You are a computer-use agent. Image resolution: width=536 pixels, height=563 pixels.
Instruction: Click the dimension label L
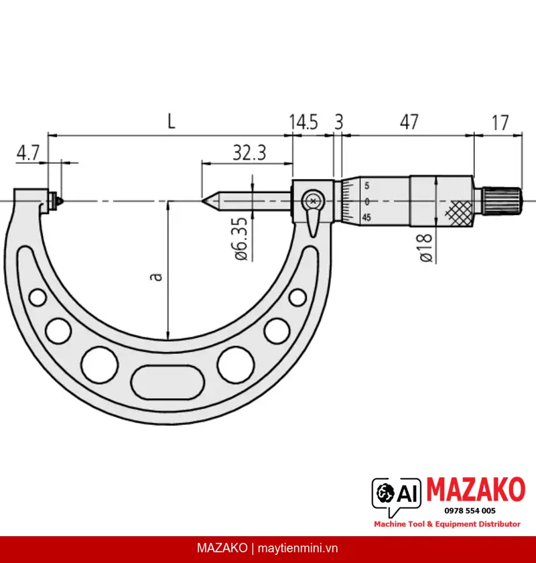(172, 122)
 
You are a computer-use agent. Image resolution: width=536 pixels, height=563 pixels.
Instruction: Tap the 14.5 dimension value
(304, 122)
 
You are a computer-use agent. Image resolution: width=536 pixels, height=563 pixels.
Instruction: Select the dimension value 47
(409, 122)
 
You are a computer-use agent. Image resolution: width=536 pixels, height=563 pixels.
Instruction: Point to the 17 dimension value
(500, 123)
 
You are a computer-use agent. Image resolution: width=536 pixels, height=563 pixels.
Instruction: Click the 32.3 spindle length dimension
(249, 153)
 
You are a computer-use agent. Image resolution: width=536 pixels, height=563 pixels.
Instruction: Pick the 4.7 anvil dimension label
(27, 153)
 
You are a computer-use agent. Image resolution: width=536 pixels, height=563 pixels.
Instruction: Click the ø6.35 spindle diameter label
(241, 239)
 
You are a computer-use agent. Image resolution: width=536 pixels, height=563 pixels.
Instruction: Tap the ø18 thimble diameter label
(425, 248)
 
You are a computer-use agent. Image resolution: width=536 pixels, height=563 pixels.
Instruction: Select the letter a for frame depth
(156, 277)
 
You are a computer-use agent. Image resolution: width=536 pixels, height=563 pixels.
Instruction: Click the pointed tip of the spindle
(202, 201)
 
